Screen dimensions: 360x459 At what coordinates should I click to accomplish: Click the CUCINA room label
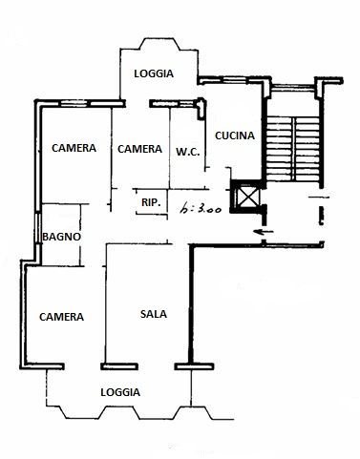coord(235,136)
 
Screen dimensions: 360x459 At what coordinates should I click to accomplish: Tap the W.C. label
coord(188,152)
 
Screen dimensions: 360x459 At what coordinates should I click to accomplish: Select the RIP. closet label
coord(151,202)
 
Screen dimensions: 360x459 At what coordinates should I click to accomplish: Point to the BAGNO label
coord(62,237)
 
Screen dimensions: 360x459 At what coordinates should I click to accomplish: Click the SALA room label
coord(154,314)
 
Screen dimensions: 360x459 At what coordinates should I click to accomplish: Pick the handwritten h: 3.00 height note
coord(201,209)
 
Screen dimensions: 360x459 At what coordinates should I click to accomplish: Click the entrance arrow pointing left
coord(264,231)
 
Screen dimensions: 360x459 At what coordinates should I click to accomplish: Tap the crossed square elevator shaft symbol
coord(247,196)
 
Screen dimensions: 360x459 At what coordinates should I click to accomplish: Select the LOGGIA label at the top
coord(154,73)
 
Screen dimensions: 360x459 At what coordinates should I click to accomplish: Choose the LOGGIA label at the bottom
coord(120,392)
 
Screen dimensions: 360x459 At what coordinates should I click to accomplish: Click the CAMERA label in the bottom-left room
coord(61,317)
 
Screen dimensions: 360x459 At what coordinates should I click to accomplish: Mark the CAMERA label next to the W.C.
coord(139,149)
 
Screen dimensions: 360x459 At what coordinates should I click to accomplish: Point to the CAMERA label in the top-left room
coord(74,148)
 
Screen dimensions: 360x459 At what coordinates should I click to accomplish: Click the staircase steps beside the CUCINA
coord(292,149)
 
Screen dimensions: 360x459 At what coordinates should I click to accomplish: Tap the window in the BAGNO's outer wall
coord(38,228)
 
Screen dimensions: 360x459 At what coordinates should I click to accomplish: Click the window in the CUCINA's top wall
coord(234,79)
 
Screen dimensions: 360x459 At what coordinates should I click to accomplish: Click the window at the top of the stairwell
coord(292,86)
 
